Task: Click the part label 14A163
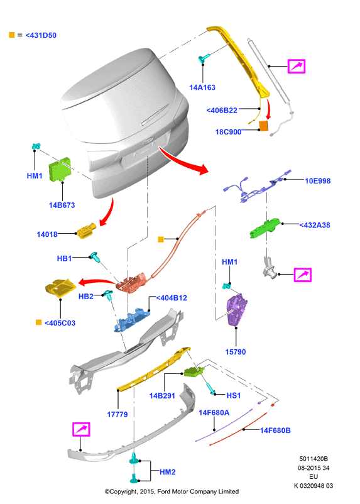tap(202, 87)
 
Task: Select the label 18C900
tap(228, 132)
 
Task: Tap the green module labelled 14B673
tap(60, 169)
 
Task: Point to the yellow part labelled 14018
tap(86, 231)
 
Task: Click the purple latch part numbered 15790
tap(237, 310)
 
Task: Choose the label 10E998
tap(317, 181)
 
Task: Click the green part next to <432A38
tap(265, 228)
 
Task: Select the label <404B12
tap(172, 298)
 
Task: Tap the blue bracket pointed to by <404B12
tap(133, 320)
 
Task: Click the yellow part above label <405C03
tap(61, 288)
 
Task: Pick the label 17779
tap(117, 415)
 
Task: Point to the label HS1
tap(233, 395)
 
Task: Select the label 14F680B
tap(275, 430)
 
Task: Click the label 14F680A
tap(214, 413)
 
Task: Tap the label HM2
tap(168, 472)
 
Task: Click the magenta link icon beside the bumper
tap(81, 429)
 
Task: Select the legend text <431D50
tap(41, 35)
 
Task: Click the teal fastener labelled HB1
tap(95, 257)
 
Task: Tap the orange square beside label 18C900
tap(264, 126)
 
